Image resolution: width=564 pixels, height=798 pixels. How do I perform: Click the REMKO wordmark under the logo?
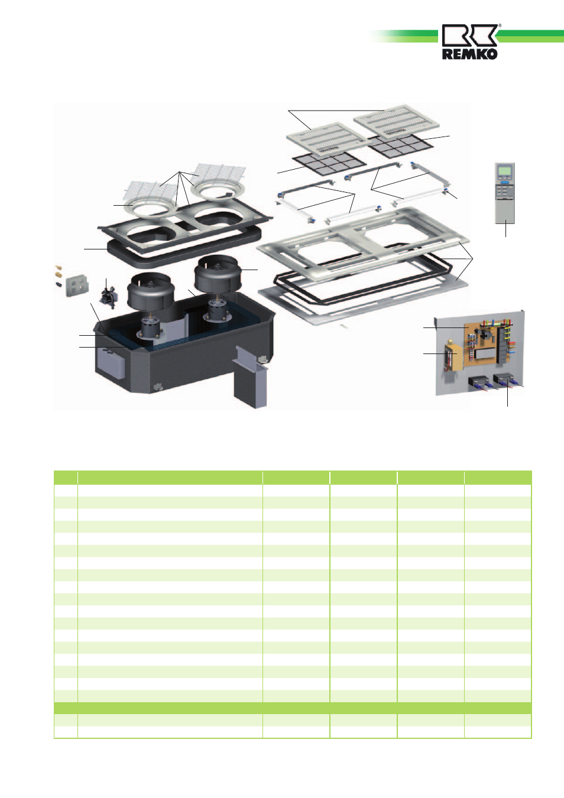[x=469, y=54]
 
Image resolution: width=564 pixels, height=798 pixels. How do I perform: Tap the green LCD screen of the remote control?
[x=505, y=170]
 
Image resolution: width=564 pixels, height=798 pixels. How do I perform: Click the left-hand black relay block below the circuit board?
[x=478, y=384]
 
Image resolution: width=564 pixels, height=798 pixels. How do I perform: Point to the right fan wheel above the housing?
[x=218, y=273]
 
